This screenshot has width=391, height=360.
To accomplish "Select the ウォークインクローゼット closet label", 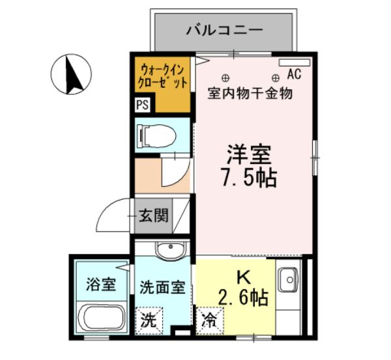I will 163,75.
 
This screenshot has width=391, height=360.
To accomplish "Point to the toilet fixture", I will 156,135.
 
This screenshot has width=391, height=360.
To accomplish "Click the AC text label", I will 293,74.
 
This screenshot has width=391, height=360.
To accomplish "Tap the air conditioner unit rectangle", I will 294,63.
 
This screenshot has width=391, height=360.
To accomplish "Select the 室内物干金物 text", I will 250,93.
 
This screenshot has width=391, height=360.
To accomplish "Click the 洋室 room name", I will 248,155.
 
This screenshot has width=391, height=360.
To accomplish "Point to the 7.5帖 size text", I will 250,177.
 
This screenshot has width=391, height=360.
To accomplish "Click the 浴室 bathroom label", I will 100,284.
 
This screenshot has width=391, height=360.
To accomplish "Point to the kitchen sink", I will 287,281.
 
